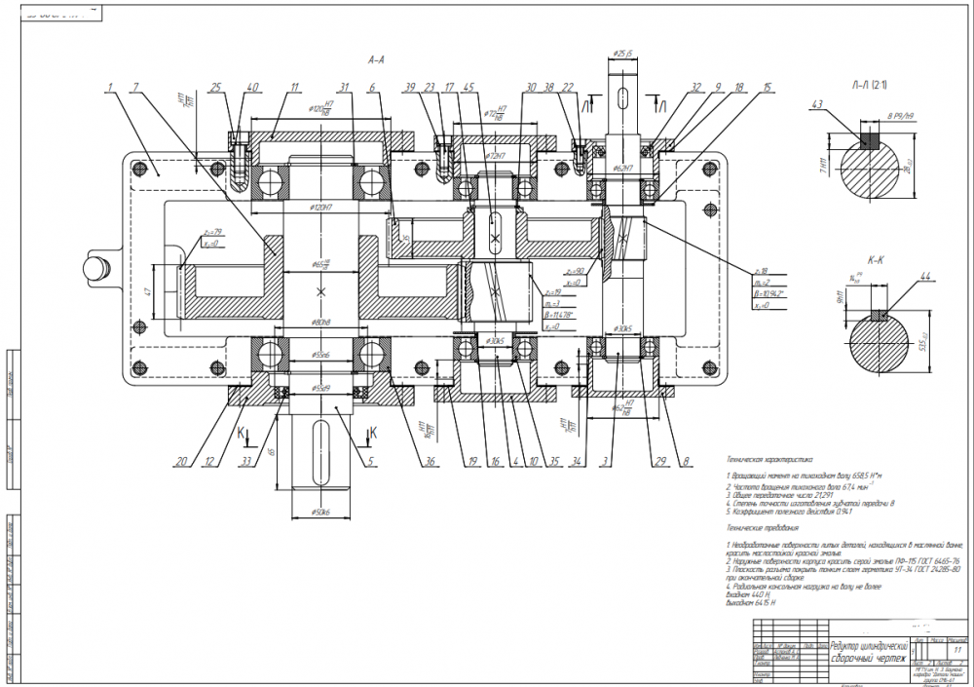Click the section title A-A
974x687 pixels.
(x=376, y=60)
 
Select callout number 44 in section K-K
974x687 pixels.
(x=924, y=279)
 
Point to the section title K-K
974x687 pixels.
(x=876, y=261)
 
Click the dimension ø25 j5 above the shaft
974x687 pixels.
(x=623, y=53)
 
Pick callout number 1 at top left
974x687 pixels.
(x=112, y=88)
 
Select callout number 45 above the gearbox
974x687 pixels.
(x=471, y=88)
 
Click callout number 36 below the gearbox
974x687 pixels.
(x=425, y=461)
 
